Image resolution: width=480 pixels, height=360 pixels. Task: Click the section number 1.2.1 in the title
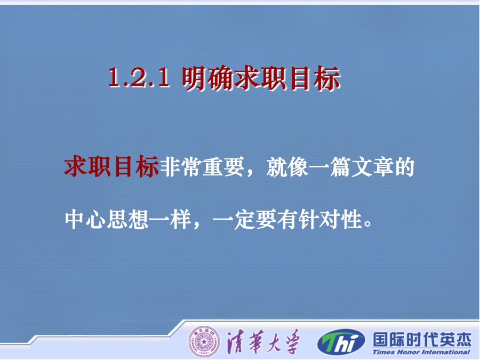[x=139, y=77]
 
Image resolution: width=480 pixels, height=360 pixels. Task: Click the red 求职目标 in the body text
[x=111, y=167]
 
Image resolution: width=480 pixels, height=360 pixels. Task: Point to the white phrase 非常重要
[x=202, y=167]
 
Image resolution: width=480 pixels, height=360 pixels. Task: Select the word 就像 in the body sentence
[x=287, y=167]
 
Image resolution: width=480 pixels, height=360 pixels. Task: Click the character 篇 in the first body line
[x=340, y=167]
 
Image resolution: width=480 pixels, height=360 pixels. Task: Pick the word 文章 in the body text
[x=372, y=167]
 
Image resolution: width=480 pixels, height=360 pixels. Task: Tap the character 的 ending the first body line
[x=404, y=167]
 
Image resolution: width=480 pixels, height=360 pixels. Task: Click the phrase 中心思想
[x=107, y=219]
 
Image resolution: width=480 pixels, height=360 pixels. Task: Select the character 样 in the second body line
[x=181, y=219]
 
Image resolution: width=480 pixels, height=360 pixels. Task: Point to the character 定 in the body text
[x=245, y=219]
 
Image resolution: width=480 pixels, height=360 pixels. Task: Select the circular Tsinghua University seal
[x=204, y=342]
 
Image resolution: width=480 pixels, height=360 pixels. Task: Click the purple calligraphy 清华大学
[x=262, y=342]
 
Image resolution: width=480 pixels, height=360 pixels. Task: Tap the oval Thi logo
[x=341, y=342]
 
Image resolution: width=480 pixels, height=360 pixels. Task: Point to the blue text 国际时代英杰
[x=422, y=339]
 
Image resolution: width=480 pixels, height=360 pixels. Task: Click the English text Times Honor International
[x=421, y=352]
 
